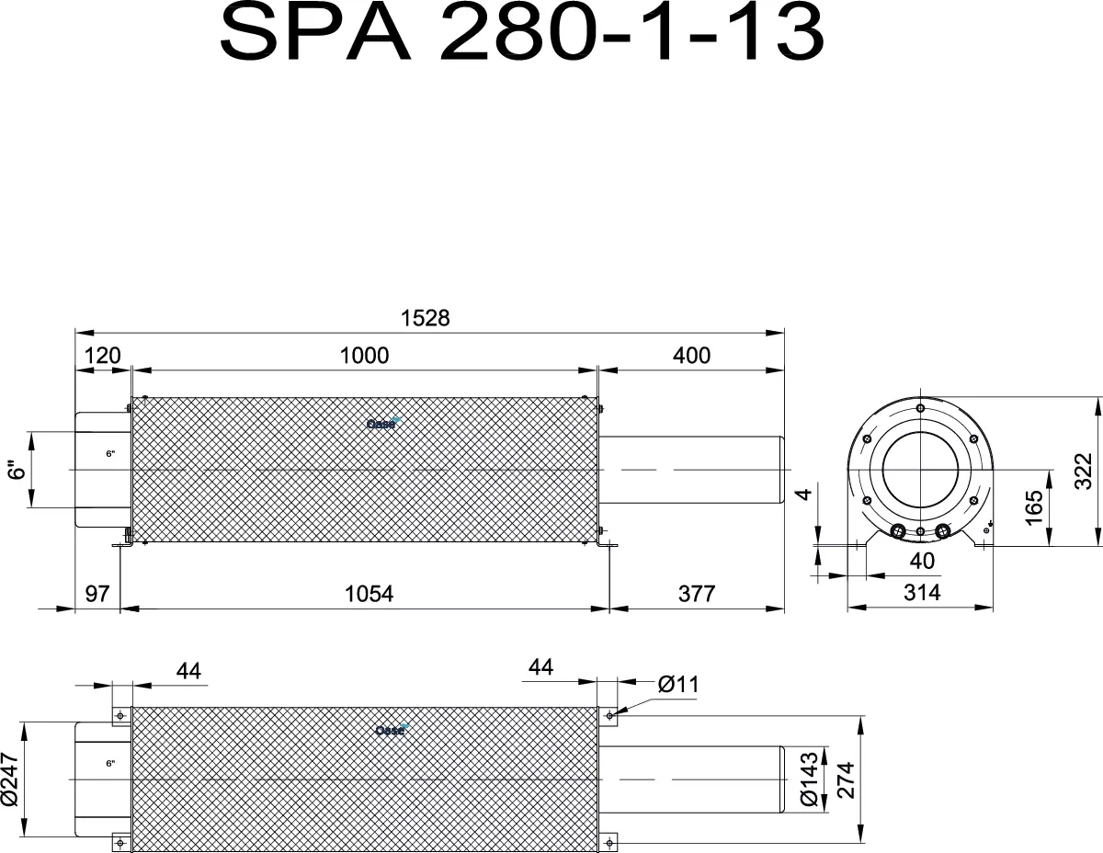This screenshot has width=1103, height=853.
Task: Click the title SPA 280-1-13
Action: tap(522, 32)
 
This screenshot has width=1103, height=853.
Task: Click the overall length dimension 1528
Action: tap(425, 318)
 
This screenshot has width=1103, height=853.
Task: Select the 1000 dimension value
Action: tap(364, 356)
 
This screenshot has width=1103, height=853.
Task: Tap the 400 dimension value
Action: tap(691, 356)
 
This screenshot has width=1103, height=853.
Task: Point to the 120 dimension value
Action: tap(103, 356)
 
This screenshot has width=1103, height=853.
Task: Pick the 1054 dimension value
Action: tap(369, 594)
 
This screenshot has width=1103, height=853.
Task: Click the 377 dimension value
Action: tap(697, 594)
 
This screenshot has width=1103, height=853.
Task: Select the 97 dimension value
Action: tap(97, 594)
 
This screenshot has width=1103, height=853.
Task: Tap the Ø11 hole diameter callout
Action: tap(678, 685)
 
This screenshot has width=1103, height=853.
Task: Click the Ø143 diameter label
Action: tap(809, 779)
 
